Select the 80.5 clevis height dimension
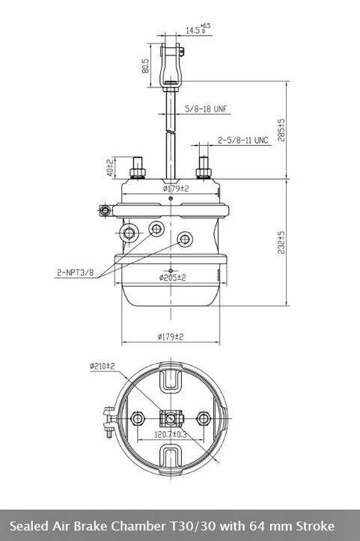point(146,66)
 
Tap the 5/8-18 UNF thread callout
point(207,109)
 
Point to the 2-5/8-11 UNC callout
point(243,140)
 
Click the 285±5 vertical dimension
point(281,130)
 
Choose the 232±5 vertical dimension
point(281,242)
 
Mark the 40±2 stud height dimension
point(110,168)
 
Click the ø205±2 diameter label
point(173,278)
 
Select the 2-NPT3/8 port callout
point(76,272)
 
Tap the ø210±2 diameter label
point(103,366)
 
